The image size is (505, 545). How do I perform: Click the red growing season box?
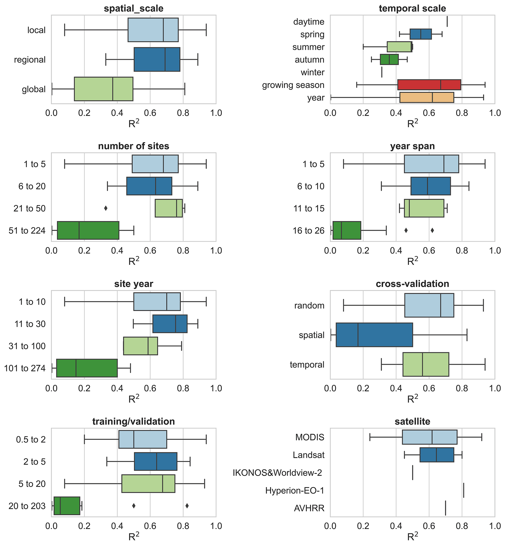(x=429, y=85)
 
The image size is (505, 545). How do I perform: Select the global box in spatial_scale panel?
(x=104, y=89)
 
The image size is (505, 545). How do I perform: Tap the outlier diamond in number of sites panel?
(x=106, y=208)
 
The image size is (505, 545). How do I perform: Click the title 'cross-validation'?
(x=412, y=284)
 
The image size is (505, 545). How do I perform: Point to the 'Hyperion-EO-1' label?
(x=295, y=491)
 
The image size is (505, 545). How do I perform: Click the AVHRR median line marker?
(x=445, y=508)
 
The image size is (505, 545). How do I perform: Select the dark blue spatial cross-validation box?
(x=374, y=335)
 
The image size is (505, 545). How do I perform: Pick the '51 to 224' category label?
(x=27, y=231)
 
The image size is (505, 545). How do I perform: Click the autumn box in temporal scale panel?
(x=389, y=60)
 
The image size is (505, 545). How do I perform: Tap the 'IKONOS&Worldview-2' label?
(x=277, y=473)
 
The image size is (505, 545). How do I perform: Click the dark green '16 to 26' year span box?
(x=347, y=231)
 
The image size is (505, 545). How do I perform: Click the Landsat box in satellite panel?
(x=437, y=455)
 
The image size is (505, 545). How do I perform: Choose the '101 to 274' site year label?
(x=25, y=368)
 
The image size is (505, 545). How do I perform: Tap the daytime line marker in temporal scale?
(x=447, y=21)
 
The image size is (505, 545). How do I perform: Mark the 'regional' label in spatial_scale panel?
(x=30, y=60)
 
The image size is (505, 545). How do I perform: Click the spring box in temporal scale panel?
(x=420, y=34)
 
